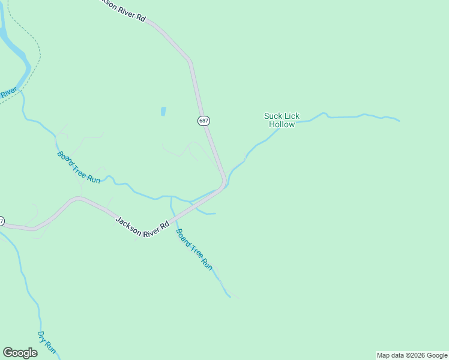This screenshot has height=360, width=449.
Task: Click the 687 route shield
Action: pyautogui.click(x=203, y=121)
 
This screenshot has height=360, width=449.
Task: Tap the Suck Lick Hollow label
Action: pyautogui.click(x=282, y=120)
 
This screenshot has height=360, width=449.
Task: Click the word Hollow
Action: pyautogui.click(x=282, y=125)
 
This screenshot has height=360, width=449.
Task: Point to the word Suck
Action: pyautogui.click(x=273, y=116)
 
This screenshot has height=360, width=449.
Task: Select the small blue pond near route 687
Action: pyautogui.click(x=163, y=112)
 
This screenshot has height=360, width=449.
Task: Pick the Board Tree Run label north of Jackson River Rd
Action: pyautogui.click(x=79, y=167)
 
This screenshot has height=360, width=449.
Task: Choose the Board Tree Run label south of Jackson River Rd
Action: pyautogui.click(x=194, y=249)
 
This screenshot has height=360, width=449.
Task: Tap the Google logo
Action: pyautogui.click(x=20, y=352)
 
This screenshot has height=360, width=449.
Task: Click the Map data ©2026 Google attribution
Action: pyautogui.click(x=412, y=355)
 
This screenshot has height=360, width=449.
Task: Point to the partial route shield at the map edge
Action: pyautogui.click(x=1, y=221)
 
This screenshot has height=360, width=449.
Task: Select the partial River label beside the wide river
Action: pyautogui.click(x=7, y=94)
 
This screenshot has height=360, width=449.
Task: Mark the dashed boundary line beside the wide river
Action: pyautogui.click(x=37, y=54)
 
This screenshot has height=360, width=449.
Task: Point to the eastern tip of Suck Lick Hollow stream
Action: pyautogui.click(x=399, y=121)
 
